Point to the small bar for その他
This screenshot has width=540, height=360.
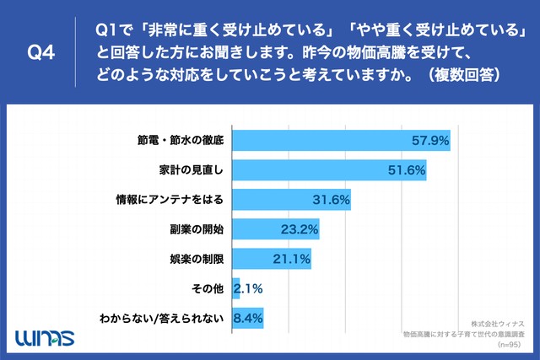[x=235, y=288]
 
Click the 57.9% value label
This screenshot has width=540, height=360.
[x=428, y=140]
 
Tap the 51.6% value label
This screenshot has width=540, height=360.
[x=405, y=169]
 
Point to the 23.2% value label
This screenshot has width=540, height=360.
[x=299, y=228]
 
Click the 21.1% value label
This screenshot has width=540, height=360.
[x=291, y=258]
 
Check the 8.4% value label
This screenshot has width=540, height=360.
[x=250, y=318]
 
